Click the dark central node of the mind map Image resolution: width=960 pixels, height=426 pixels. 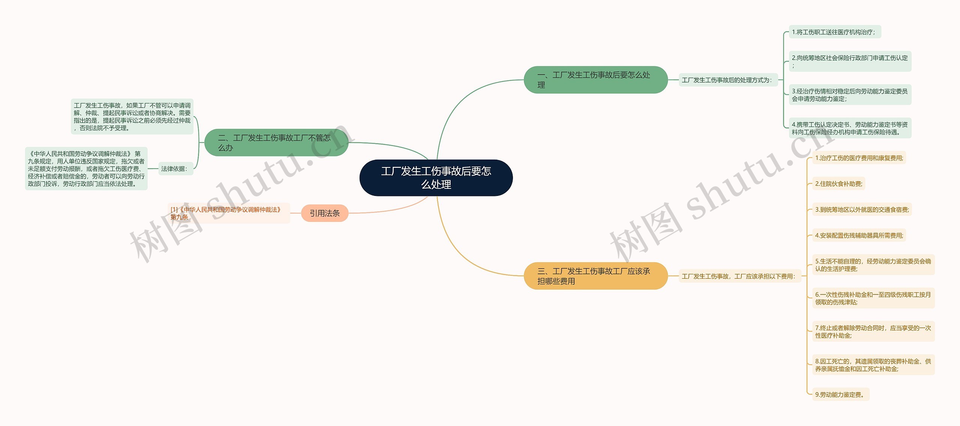click(x=436, y=178)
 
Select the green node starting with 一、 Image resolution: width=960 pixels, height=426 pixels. click(x=595, y=80)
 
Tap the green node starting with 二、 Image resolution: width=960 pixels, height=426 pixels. click(x=276, y=143)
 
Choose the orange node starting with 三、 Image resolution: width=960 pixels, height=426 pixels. click(x=595, y=276)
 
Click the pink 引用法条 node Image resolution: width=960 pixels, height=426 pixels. click(x=324, y=213)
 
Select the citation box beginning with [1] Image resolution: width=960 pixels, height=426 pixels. click(x=228, y=213)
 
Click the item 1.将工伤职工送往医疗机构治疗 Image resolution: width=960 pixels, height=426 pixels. click(x=834, y=32)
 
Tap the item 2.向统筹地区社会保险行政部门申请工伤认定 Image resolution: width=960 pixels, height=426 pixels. click(x=850, y=61)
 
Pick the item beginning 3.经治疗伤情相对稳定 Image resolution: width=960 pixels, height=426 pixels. click(x=850, y=95)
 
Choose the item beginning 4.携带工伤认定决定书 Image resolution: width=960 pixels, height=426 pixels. click(x=850, y=128)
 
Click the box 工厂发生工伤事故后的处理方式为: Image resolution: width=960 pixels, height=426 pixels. click(x=727, y=80)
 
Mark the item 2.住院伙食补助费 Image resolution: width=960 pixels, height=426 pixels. click(x=838, y=184)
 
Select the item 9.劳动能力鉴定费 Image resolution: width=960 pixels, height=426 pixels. click(x=840, y=395)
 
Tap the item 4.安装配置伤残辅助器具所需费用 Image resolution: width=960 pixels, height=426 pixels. click(x=859, y=235)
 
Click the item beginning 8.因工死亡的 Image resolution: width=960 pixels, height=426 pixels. click(x=873, y=365)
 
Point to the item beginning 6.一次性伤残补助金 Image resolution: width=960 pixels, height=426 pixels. click(x=873, y=298)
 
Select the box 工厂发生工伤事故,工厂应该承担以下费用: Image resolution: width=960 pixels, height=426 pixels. click(x=739, y=276)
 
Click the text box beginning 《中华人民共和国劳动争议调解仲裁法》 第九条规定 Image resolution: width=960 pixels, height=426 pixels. click(x=86, y=169)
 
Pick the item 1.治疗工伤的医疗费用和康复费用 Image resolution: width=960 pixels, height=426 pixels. click(x=859, y=158)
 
